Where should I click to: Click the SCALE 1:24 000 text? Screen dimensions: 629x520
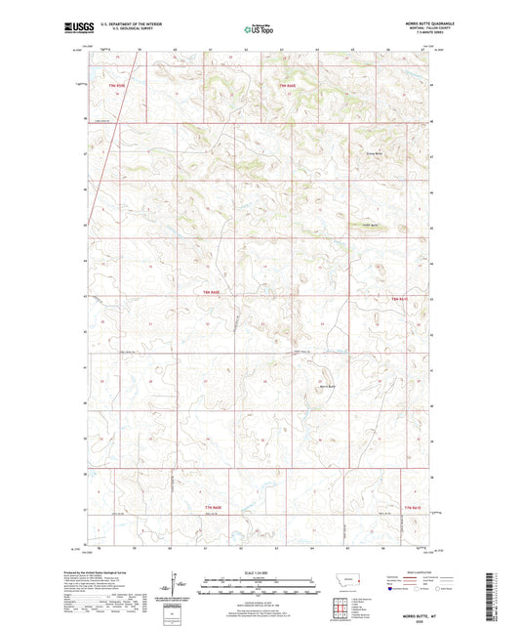click(x=260, y=573)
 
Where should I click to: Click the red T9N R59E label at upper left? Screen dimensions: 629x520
click(x=118, y=86)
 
